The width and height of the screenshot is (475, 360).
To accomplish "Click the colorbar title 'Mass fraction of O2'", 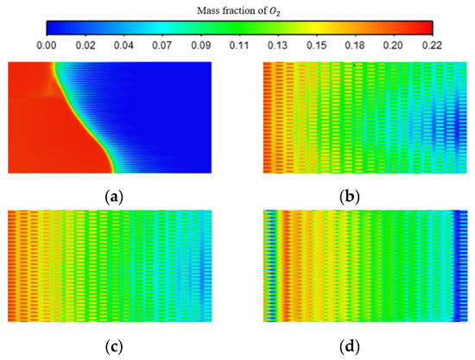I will [238, 9].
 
